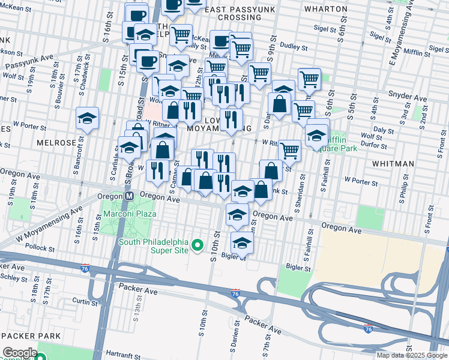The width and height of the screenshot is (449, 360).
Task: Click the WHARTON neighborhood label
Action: [x=326, y=9]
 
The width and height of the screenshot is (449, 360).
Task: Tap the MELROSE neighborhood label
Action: [x=56, y=143]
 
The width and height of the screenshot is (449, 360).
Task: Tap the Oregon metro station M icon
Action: [x=129, y=197]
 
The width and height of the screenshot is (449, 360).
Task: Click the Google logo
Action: [x=19, y=353]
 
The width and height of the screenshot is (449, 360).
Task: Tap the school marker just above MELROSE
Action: [x=88, y=119]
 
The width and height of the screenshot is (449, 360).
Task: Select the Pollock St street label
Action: [x=41, y=247]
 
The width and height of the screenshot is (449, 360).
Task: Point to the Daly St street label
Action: [x=379, y=129]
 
